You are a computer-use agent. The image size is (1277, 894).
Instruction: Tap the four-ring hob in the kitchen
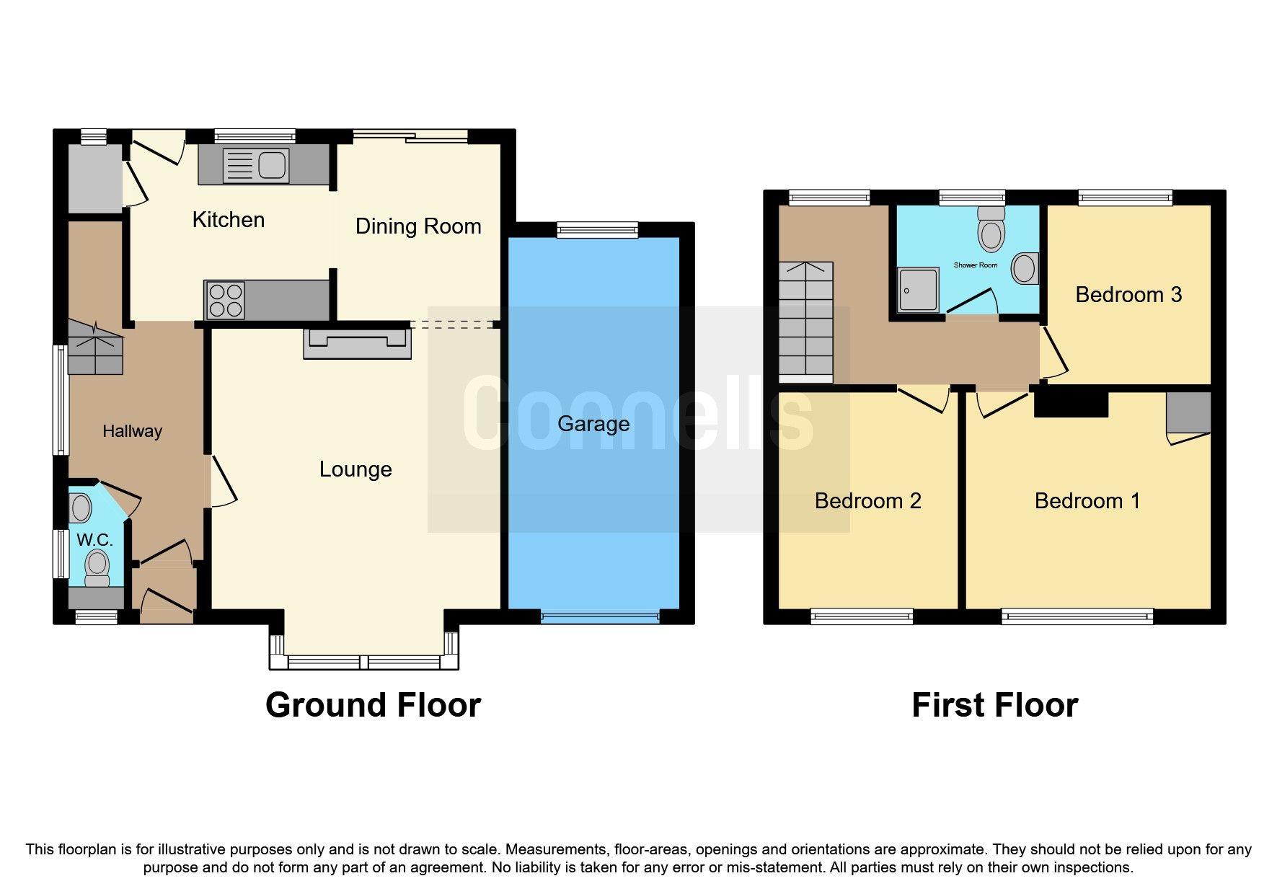pos(225,300)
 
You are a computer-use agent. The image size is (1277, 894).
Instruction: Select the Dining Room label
pos(418,226)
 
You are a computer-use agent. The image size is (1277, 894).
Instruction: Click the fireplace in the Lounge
pos(358,344)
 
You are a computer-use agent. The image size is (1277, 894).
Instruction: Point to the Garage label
pos(593,424)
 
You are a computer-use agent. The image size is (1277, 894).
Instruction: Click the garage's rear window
pos(598,229)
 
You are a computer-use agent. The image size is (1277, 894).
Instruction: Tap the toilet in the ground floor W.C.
pos(97,568)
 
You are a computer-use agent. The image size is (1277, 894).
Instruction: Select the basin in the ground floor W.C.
pos(81,508)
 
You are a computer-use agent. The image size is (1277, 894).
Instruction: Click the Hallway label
pos(132,431)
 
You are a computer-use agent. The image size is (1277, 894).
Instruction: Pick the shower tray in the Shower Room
pos(918,290)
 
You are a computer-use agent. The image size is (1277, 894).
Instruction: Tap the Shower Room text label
pos(976,265)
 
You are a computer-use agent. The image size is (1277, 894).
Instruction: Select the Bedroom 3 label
pos(1128,295)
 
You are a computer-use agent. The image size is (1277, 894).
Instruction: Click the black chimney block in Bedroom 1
pos(1071,402)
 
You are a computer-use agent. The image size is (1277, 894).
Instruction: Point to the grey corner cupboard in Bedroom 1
pos(1188,413)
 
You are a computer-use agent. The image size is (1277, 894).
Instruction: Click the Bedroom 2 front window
pos(862,616)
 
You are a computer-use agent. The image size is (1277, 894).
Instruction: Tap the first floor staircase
pos(805,322)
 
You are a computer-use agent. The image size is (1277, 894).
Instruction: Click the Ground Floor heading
pos(373,705)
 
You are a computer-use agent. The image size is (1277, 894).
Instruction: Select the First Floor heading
pos(994,705)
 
